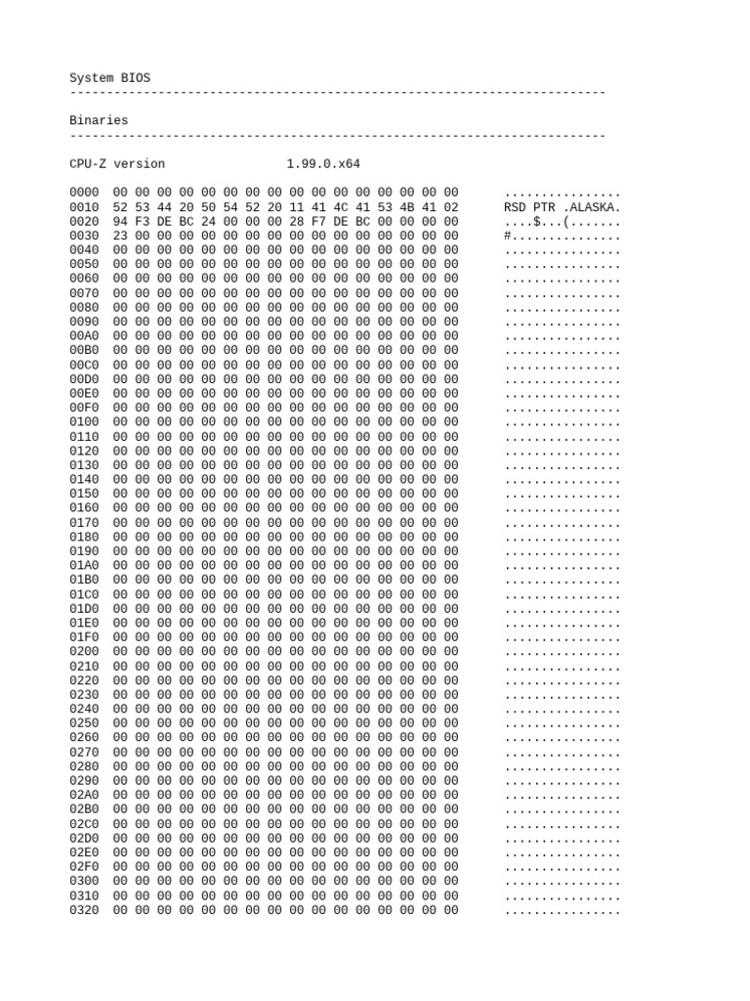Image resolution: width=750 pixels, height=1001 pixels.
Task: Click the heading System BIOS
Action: click(x=109, y=77)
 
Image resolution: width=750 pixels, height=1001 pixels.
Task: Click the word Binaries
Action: click(x=99, y=120)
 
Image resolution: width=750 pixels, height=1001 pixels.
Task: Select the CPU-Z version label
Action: click(x=117, y=163)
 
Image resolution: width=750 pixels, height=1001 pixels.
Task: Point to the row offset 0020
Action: click(x=84, y=221)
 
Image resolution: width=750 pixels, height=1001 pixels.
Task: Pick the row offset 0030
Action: click(x=84, y=236)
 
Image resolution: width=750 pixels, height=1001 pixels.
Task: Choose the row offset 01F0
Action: click(x=84, y=637)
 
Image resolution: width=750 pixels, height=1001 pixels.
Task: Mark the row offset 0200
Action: click(x=84, y=651)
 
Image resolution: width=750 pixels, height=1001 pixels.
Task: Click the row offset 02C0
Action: click(x=84, y=824)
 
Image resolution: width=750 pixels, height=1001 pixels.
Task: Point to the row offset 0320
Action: click(x=84, y=910)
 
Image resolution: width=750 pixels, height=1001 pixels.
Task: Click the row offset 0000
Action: click(x=84, y=193)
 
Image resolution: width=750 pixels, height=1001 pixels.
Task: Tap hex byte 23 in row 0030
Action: click(x=120, y=236)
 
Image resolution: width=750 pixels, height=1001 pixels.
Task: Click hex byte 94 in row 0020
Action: click(x=120, y=221)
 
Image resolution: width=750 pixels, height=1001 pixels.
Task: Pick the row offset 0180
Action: click(x=84, y=537)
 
